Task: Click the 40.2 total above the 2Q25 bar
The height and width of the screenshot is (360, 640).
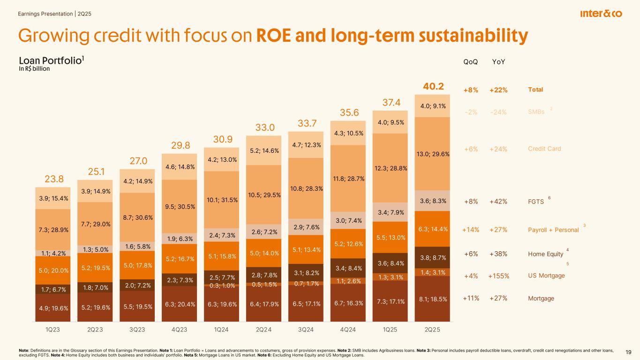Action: [x=433, y=87]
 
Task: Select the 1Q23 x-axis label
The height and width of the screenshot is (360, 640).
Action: [x=52, y=330]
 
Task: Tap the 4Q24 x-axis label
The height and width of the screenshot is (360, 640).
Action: [x=347, y=330]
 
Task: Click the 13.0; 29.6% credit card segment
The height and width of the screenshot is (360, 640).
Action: [x=433, y=154]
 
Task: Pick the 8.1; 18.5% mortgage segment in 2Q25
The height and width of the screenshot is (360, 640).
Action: [x=433, y=298]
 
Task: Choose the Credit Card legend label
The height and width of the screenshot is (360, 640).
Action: [x=544, y=149]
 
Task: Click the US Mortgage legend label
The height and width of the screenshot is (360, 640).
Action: [x=546, y=276]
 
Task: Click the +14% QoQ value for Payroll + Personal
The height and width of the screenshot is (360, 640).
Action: [x=470, y=230]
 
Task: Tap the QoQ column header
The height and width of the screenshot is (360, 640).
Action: [x=470, y=62]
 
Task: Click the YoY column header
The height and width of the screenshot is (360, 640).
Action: [x=499, y=62]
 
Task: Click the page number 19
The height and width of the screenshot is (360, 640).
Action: [x=628, y=352]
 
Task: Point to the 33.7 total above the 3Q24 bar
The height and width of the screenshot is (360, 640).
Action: [x=305, y=123]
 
